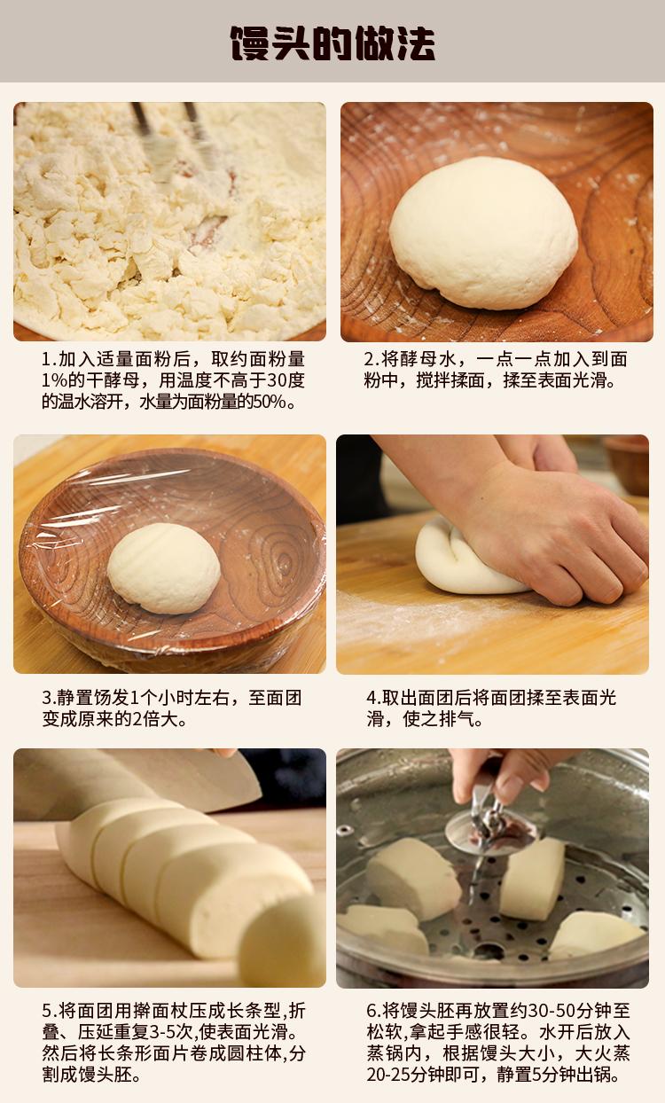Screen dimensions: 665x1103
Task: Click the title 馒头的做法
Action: (x=332, y=43)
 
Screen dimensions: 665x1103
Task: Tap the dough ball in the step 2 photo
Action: (x=483, y=232)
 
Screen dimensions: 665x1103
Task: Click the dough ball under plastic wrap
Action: (x=163, y=568)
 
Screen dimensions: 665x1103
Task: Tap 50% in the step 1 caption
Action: (x=270, y=402)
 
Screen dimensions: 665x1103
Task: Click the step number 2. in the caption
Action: (x=372, y=359)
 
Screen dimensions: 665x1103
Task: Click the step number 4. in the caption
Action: (x=374, y=698)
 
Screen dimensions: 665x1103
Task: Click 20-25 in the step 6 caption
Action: (x=388, y=1074)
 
